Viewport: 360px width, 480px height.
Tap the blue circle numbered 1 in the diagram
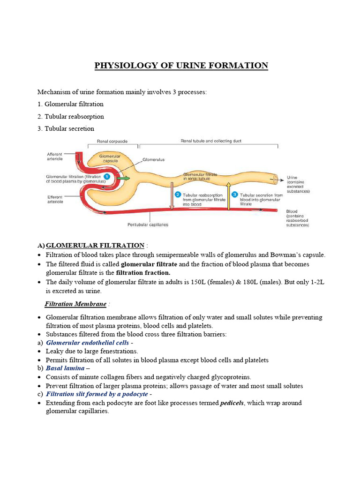(106, 176)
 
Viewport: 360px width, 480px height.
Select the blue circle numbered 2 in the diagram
(178, 194)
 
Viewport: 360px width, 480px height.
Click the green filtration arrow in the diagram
(124, 178)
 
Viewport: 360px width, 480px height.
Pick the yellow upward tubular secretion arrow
(228, 197)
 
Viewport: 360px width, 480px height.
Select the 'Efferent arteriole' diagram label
(57, 200)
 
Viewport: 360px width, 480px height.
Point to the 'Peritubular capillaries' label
(148, 225)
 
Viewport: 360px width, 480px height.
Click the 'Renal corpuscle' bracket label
(112, 141)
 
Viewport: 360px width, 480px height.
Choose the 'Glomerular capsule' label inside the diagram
(110, 158)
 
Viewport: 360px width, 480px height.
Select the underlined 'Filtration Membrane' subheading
(75, 304)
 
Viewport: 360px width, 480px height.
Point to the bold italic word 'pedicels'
(232, 403)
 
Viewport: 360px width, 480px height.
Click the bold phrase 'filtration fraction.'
(143, 272)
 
